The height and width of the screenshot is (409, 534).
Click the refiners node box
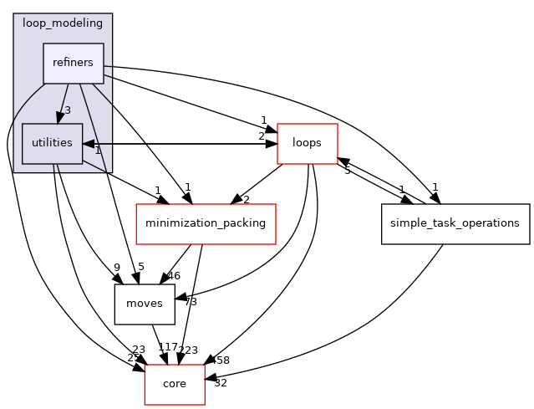[73, 63]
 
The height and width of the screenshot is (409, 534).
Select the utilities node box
[52, 144]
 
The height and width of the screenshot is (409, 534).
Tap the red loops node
[307, 143]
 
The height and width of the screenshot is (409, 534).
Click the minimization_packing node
[206, 223]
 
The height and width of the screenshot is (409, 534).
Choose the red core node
[175, 384]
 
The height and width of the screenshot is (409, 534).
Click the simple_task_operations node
[455, 223]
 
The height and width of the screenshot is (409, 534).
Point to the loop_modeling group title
[63, 25]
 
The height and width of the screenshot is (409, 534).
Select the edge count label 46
[174, 275]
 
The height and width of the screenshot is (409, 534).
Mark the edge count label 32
[220, 382]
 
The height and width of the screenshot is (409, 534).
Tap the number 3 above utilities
[67, 110]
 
